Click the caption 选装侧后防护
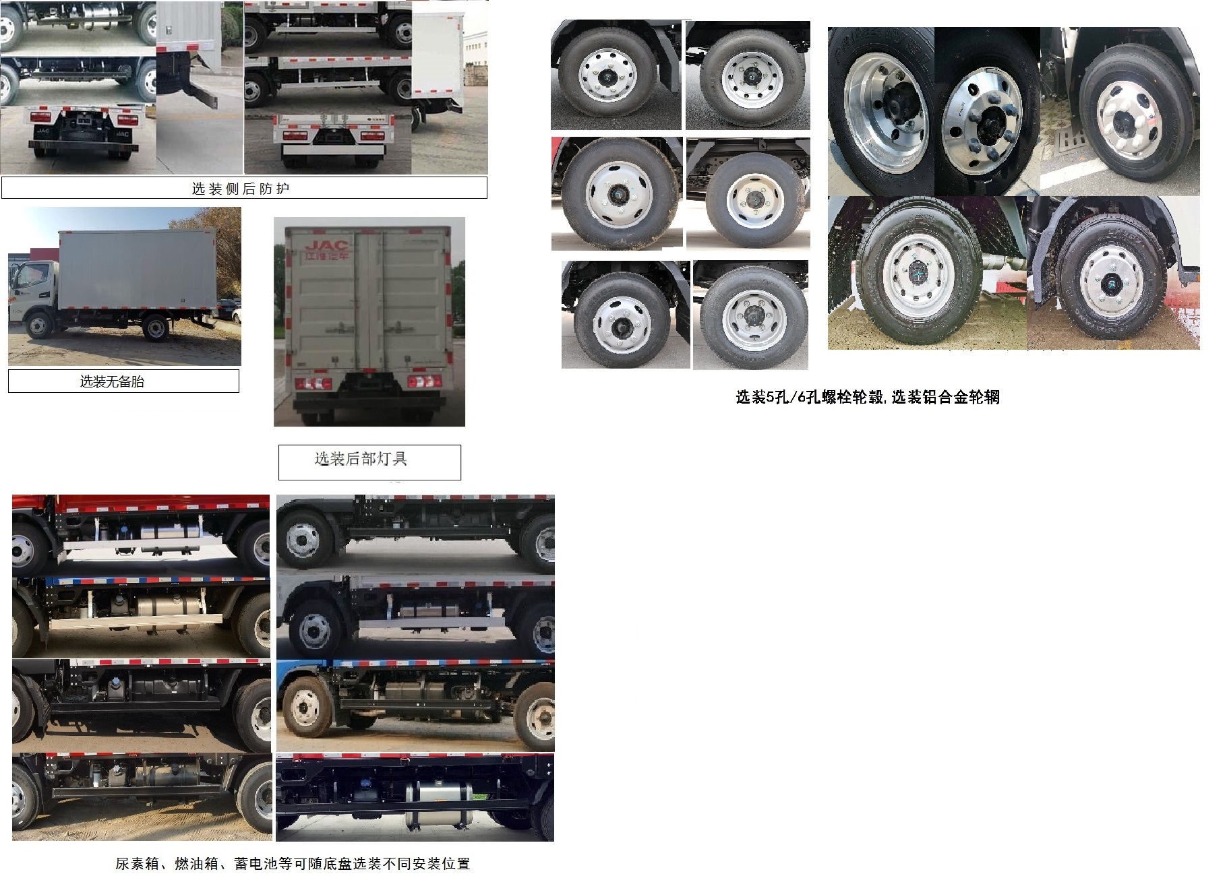[x=241, y=189]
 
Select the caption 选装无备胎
[x=113, y=382]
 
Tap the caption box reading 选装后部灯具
[x=361, y=460]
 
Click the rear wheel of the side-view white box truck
[x=156, y=329]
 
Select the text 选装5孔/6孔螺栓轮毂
[x=810, y=398]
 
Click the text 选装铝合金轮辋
[x=945, y=398]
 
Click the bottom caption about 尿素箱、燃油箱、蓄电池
[x=292, y=863]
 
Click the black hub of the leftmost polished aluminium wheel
[x=897, y=108]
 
